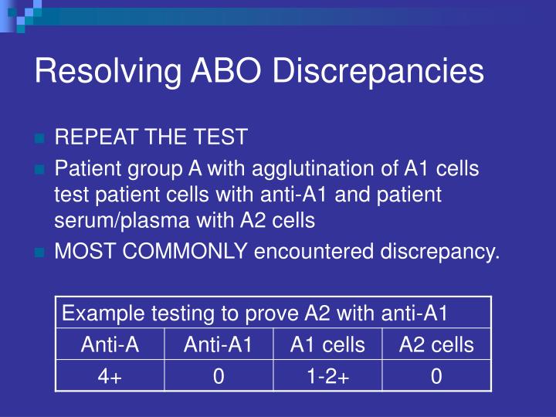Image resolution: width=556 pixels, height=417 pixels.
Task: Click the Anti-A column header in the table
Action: click(110, 344)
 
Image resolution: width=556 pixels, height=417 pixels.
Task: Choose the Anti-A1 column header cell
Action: click(219, 344)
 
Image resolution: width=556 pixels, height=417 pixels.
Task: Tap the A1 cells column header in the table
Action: click(327, 344)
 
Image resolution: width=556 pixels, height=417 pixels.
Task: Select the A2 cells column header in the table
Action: click(436, 344)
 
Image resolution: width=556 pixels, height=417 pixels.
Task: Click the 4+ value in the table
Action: click(110, 376)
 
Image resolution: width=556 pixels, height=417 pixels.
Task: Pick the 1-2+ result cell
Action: click(327, 376)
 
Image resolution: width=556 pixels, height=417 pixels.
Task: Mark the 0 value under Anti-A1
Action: click(219, 376)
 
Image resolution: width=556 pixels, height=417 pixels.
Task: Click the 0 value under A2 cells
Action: click(436, 376)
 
